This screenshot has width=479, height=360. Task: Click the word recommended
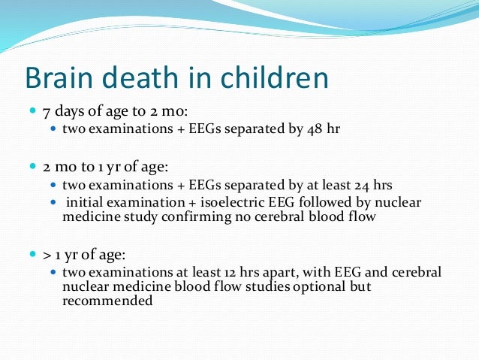[x=107, y=301]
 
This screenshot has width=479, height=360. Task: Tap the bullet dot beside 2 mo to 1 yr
[x=34, y=167]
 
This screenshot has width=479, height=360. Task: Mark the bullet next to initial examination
[x=53, y=202]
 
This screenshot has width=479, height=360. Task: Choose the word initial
[x=84, y=202]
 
